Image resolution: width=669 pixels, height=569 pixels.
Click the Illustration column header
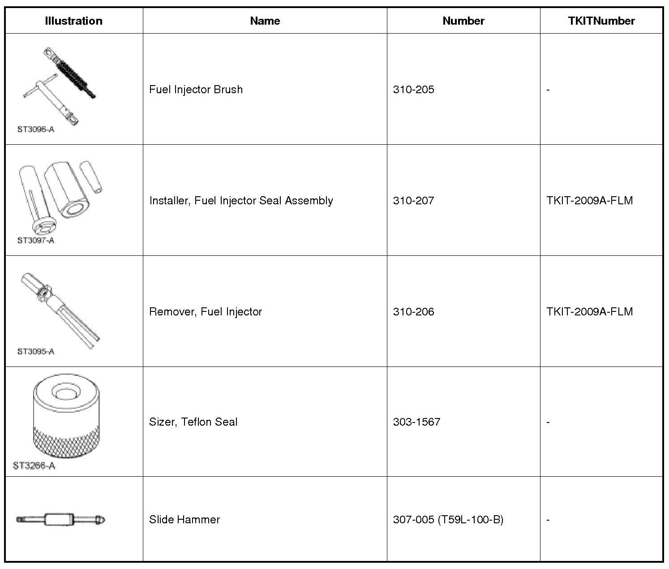73,21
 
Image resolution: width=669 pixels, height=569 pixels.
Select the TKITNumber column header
601,21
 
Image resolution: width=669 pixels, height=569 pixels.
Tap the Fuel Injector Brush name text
196,89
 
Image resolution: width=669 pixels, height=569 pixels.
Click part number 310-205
413,89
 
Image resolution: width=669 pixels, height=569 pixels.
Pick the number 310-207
413,200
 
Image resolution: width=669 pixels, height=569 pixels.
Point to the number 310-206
413,311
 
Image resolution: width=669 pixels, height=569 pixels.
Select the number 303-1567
416,422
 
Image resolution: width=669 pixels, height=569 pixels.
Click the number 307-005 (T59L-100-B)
448,519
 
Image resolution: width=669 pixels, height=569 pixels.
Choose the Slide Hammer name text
184,519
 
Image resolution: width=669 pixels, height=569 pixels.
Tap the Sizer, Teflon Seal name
193,422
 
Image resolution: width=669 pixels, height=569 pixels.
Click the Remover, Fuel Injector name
205,311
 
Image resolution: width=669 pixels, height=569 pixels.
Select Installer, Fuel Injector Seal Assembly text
241,200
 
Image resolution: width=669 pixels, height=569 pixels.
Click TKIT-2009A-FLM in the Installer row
589,200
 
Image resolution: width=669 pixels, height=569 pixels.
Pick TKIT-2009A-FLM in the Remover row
589,311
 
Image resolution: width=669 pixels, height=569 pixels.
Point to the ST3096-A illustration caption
36,129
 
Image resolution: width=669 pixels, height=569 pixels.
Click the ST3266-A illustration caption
34,466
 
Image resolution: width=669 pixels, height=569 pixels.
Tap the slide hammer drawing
61,520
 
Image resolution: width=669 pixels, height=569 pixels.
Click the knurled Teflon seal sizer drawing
66,417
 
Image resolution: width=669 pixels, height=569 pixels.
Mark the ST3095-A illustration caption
36,352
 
